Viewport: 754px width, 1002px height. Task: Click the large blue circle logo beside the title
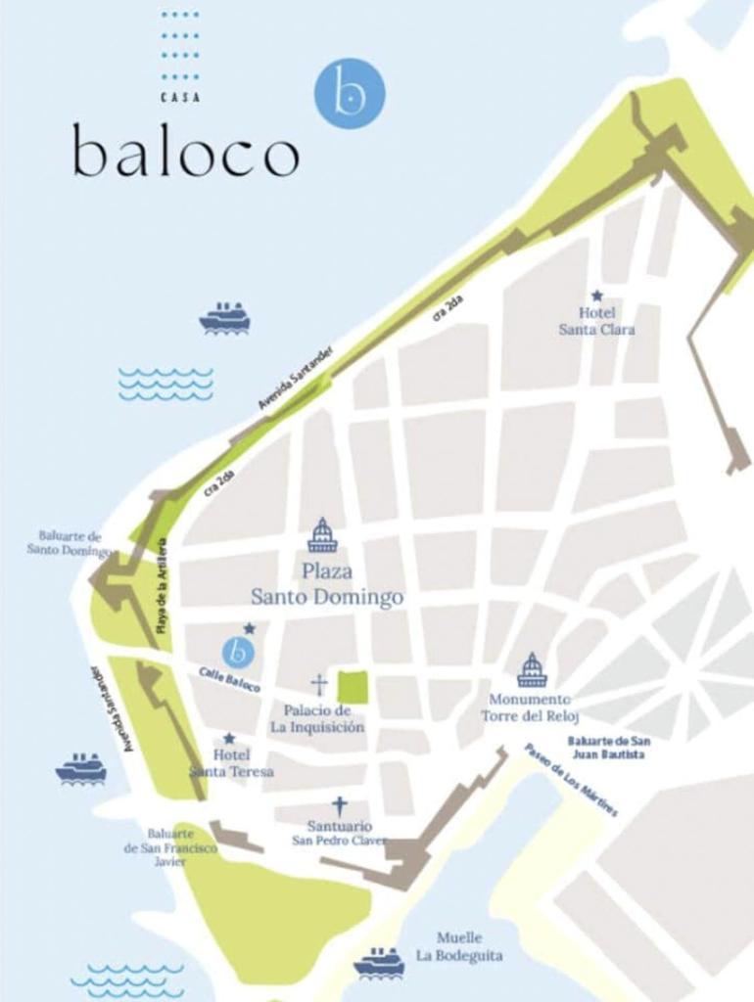click(349, 93)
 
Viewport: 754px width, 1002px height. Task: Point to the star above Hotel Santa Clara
click(596, 296)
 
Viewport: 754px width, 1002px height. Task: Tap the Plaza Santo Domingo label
click(327, 584)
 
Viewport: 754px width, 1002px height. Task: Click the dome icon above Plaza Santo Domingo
click(322, 536)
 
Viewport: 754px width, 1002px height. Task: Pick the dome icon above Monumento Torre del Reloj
click(531, 670)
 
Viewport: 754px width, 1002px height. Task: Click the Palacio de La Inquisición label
click(317, 718)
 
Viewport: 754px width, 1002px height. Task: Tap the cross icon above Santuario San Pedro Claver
click(339, 806)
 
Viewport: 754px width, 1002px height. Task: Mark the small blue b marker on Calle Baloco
click(238, 651)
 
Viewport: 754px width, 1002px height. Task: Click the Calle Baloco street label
click(230, 680)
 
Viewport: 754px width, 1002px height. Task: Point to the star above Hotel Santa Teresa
click(229, 739)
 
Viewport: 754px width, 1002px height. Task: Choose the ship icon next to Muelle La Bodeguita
click(379, 962)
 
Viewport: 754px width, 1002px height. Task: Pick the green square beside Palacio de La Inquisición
click(353, 687)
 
